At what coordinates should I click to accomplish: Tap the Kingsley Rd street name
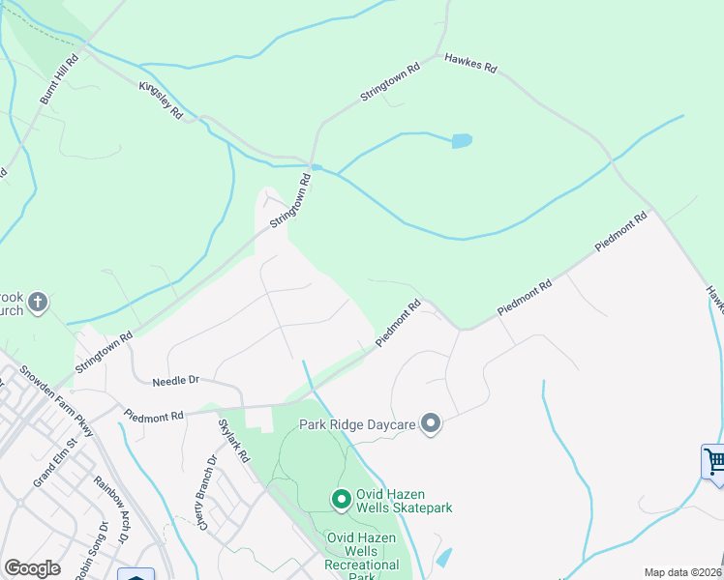coord(162,99)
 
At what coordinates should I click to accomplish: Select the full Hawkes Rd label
coord(470,64)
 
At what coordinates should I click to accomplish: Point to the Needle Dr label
coord(175,382)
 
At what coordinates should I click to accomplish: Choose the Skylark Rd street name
coord(233,440)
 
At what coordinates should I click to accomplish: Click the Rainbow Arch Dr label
coord(110,506)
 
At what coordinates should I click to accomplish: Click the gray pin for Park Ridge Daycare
coord(432,424)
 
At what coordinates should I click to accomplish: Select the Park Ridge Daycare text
coord(357,424)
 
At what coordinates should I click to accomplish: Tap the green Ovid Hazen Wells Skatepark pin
coord(341,499)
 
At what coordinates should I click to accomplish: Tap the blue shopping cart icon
coord(714,461)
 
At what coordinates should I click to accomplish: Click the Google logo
coord(32,568)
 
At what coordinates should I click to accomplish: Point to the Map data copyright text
coord(682,572)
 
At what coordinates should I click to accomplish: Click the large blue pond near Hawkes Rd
coord(462,141)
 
